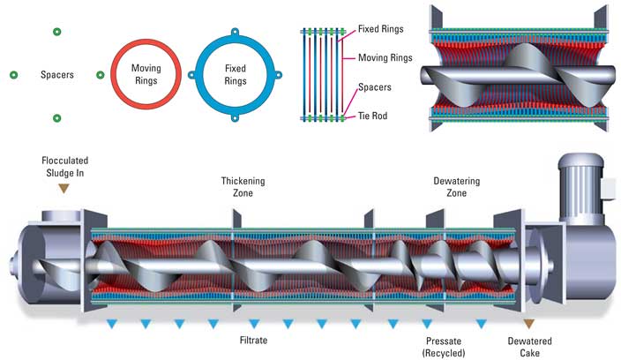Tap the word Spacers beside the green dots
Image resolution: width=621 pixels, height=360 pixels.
[56, 75]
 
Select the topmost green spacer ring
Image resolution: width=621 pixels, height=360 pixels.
[56, 32]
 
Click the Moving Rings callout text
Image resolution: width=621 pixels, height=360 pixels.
[384, 57]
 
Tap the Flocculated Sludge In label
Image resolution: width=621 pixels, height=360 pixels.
[65, 167]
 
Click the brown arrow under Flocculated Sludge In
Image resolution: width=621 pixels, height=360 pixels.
[65, 189]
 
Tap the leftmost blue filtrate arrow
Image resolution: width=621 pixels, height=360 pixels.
[112, 324]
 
